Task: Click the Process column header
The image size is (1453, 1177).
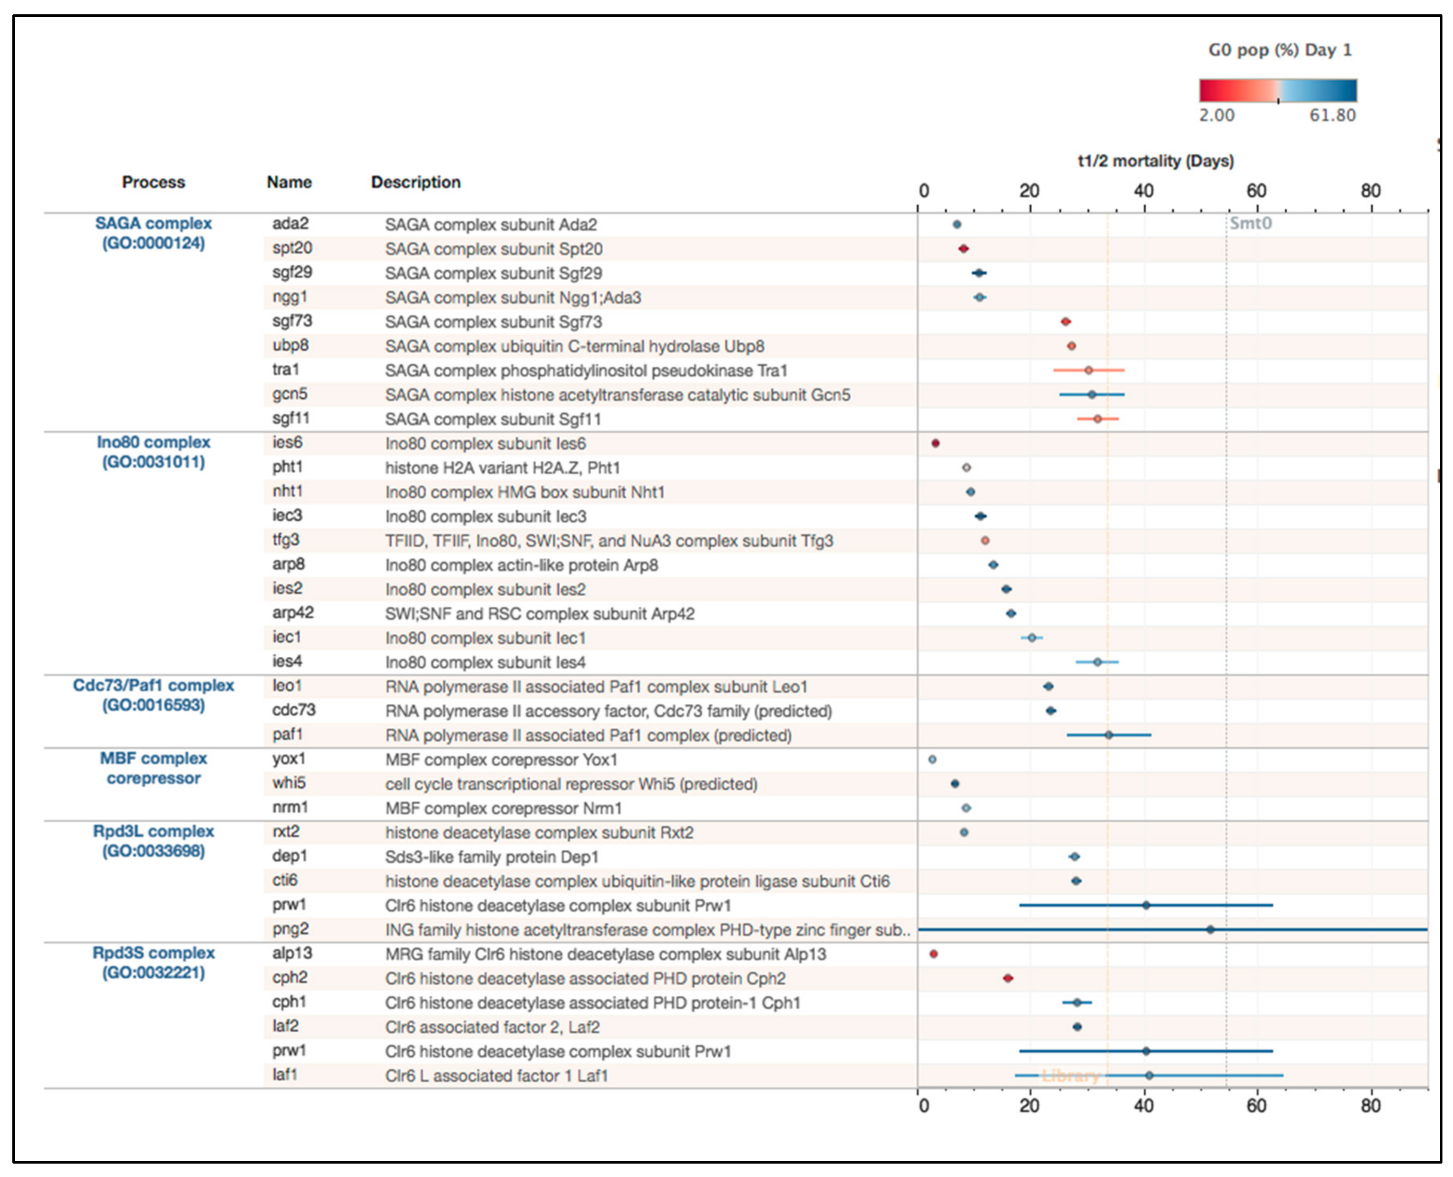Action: tap(153, 182)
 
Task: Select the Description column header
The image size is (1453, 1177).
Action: tap(415, 182)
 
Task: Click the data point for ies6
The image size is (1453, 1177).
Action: tap(935, 443)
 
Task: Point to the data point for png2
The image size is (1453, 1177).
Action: tap(1210, 929)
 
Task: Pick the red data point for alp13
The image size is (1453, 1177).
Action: tap(933, 954)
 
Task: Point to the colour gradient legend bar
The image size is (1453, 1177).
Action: tap(1278, 90)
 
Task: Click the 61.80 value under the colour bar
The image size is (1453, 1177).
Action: tap(1332, 115)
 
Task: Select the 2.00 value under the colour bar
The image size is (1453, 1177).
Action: tap(1217, 115)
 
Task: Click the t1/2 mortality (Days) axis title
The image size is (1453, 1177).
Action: tap(1156, 161)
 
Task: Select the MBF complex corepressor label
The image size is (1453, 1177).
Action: tap(153, 768)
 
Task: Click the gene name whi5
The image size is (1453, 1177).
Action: tap(289, 783)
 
